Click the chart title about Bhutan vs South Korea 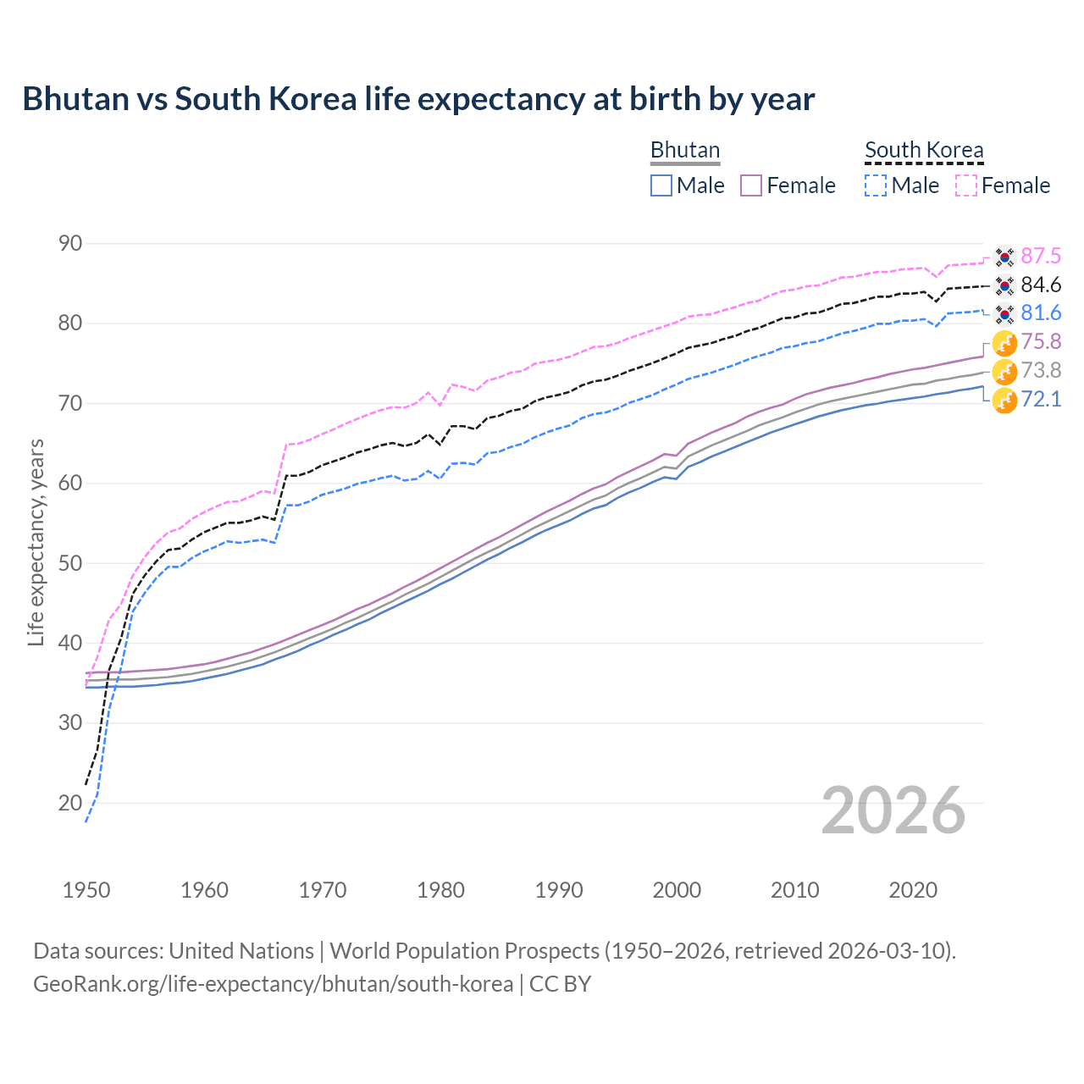pos(418,99)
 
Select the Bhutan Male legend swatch pos(661,185)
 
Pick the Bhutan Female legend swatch pos(751,185)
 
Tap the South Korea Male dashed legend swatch pos(876,185)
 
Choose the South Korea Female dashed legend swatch pos(966,185)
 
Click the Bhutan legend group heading pos(684,150)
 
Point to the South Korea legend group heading pos(924,150)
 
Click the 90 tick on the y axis pos(70,244)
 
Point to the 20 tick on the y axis pos(70,803)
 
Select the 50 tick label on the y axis pos(70,563)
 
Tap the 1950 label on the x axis pos(86,890)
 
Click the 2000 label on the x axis pos(677,890)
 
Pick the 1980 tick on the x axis pos(441,890)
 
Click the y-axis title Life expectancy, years pos(36,542)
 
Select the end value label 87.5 pos(1041,257)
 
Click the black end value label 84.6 pos(1041,285)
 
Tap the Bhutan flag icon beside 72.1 pos(1004,400)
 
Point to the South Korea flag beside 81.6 pos(1004,314)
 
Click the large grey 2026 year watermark pos(893,810)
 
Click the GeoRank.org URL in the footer pos(273,984)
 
